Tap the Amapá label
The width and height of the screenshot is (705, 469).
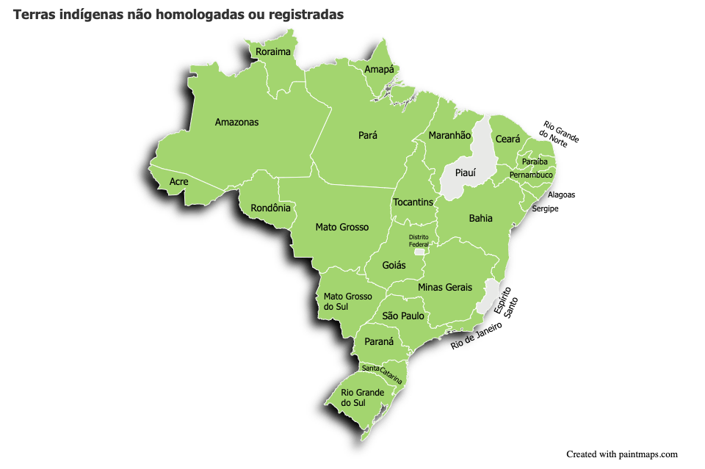point(379,70)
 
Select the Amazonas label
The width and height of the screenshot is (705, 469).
point(236,123)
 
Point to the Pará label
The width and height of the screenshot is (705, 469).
point(368,136)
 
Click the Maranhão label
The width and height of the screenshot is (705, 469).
point(449,136)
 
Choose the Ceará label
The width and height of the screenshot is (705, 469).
point(507,139)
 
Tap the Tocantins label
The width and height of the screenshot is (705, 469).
point(413,202)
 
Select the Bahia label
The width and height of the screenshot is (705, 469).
point(480,219)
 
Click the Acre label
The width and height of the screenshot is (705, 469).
point(178,182)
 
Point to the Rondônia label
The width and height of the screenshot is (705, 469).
point(270,208)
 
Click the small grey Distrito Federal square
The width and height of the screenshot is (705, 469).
point(419,252)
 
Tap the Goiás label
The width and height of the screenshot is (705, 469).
point(394,265)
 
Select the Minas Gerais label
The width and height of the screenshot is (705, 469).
point(445,287)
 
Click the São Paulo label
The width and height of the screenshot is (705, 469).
point(403,316)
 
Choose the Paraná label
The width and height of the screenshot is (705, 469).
point(380,342)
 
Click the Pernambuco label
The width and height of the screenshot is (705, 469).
point(531,175)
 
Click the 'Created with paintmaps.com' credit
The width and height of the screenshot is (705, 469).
point(621,454)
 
